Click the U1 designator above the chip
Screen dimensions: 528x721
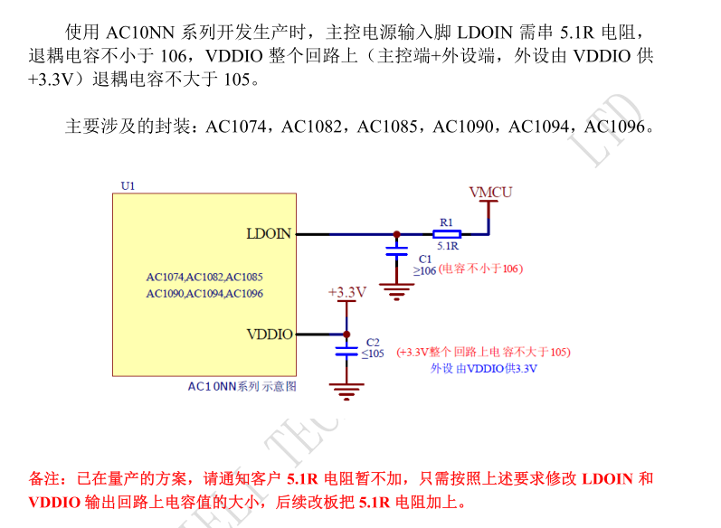[x=128, y=185]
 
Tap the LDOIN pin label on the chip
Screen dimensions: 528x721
[x=269, y=233]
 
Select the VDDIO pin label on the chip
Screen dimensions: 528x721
[x=270, y=334]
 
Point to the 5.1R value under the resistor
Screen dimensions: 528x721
[x=448, y=246]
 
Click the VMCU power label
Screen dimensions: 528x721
[x=490, y=192]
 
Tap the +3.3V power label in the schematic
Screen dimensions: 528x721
[x=346, y=292]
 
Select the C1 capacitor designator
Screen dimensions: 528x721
[x=425, y=259]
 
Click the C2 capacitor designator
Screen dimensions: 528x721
[x=372, y=342]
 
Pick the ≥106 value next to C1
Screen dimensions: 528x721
[x=425, y=269]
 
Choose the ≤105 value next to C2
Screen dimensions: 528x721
[x=373, y=353]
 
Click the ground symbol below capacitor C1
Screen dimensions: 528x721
[x=396, y=289]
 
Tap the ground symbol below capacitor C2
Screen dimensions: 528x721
[x=346, y=391]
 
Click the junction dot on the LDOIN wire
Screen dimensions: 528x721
[x=396, y=233]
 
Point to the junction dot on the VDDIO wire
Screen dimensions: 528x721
[x=346, y=334]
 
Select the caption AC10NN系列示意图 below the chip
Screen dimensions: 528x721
[x=242, y=386]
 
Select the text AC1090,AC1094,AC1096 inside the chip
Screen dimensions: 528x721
[x=204, y=293]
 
